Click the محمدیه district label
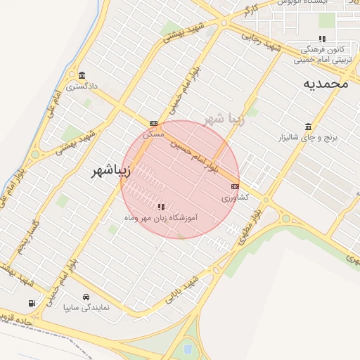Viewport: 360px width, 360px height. coord(326,84)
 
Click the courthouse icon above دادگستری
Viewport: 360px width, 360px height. coord(82,76)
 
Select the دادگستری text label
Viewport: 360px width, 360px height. coord(81,86)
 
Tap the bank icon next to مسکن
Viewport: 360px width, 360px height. coord(153,123)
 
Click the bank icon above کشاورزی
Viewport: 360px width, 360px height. coord(235,186)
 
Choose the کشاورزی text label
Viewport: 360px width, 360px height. coord(236,198)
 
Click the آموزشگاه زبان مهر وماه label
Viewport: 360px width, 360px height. coord(161,219)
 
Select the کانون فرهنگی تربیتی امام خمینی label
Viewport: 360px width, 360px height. coord(322,55)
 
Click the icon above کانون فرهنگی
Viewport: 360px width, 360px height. coord(322,39)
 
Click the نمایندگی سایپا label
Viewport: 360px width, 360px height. coord(86,307)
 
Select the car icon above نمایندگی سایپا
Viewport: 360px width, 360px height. coord(86,297)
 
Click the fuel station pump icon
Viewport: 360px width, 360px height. coord(31,304)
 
